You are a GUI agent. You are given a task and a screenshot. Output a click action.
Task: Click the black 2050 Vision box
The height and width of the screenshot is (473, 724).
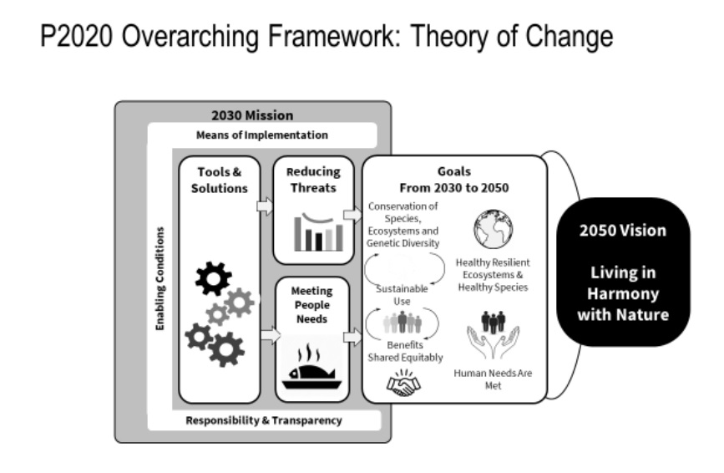tap(623, 272)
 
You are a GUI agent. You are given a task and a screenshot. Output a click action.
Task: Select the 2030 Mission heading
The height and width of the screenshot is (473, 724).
tap(252, 115)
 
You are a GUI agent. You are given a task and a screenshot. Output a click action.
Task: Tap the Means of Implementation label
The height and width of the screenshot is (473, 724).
tap(262, 135)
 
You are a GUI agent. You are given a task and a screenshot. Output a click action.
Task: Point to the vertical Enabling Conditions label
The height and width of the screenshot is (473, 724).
tap(159, 278)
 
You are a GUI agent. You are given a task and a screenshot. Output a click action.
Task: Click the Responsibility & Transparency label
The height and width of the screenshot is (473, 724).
tap(264, 420)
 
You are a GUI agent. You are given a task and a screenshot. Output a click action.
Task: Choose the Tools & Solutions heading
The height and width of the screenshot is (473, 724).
tap(220, 181)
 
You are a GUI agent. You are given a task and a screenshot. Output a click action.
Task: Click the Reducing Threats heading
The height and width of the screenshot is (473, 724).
tap(313, 180)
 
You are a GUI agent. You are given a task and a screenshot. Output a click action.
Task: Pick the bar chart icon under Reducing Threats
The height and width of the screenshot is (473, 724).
tap(319, 231)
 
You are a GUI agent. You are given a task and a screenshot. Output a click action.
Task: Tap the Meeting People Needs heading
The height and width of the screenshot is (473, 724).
tap(311, 305)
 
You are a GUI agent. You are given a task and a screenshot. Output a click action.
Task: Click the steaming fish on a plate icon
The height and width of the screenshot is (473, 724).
tap(311, 367)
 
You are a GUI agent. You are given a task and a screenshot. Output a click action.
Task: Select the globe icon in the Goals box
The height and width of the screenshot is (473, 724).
tap(494, 229)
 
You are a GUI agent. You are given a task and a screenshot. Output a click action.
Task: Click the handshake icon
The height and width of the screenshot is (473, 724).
tap(403, 383)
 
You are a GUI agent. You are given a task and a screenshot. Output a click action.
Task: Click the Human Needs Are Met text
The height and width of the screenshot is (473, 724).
tap(493, 379)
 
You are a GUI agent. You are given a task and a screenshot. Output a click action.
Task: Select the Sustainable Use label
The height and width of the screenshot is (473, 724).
tap(402, 295)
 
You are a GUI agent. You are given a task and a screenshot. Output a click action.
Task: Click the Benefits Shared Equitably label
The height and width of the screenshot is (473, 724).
tap(405, 351)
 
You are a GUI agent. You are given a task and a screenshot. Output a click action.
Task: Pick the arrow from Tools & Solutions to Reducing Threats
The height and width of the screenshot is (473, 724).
tap(265, 206)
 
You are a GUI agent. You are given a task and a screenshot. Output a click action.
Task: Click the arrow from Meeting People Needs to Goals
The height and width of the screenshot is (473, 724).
tap(352, 337)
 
